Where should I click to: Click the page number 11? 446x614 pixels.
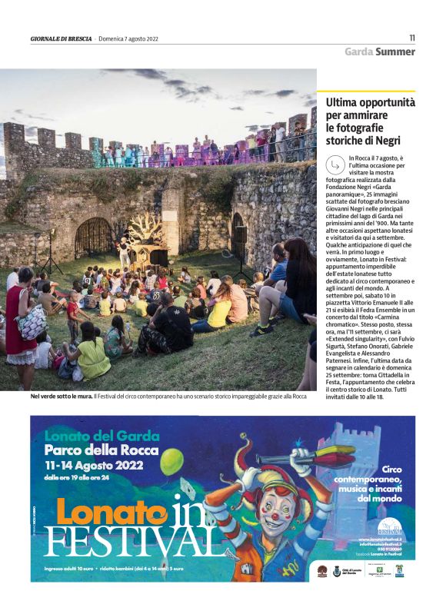click(412, 38)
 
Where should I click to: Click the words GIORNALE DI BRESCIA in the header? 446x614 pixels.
click(61, 38)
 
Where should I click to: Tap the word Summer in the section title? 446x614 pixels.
click(395, 51)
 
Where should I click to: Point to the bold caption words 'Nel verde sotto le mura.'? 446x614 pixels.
click(60, 397)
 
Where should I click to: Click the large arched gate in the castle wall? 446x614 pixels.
click(93, 237)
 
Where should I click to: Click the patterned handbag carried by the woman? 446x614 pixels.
click(32, 324)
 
